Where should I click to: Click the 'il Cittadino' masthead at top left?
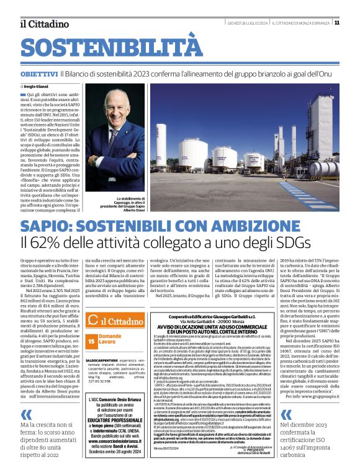39,24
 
